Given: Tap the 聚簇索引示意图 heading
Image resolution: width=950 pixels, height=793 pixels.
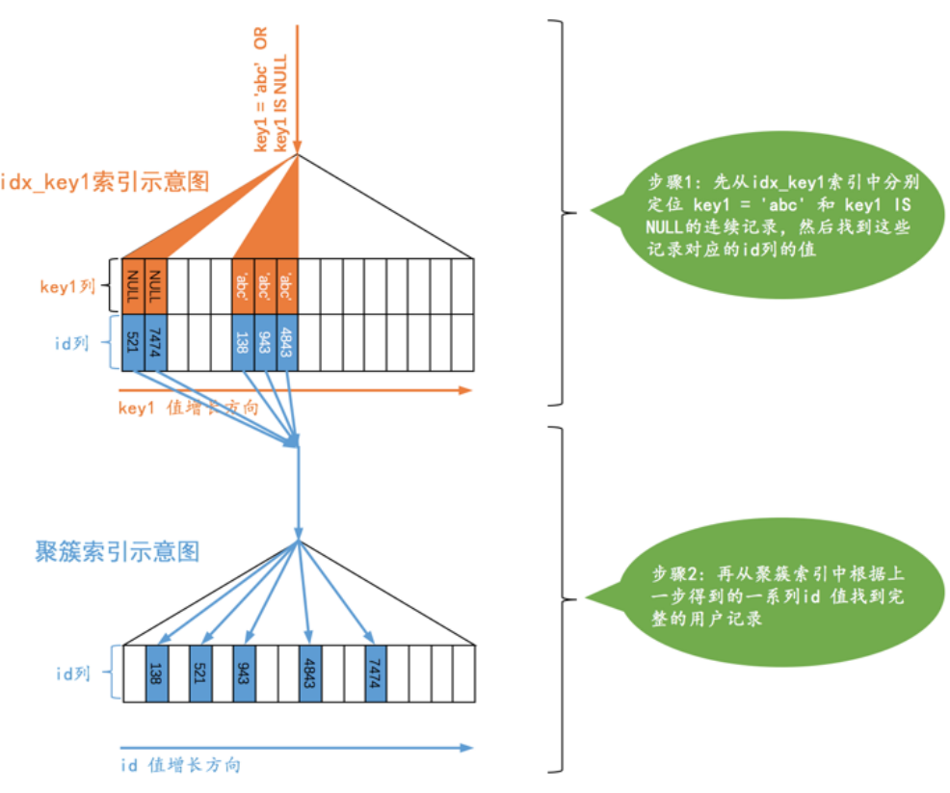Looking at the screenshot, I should (117, 551).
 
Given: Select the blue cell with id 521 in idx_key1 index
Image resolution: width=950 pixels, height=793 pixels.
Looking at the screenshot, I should (133, 341).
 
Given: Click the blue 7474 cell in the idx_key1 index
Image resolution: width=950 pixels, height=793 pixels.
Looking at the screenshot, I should (155, 341).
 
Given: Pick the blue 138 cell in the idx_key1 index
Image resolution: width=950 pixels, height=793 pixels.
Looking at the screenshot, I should (243, 341).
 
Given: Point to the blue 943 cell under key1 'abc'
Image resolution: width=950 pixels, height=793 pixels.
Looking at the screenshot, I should (265, 341).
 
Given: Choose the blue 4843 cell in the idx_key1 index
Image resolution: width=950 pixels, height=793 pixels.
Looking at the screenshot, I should (286, 341).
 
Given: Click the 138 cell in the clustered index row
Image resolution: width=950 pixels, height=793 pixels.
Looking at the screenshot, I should (156, 672).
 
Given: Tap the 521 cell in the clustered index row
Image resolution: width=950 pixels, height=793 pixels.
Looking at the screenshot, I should (200, 672).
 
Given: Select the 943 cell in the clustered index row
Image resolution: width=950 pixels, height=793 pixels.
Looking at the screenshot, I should (244, 672).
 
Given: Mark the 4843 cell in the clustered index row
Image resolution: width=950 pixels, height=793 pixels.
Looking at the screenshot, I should (310, 672).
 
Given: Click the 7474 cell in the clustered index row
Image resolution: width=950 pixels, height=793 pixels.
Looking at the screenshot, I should (376, 672).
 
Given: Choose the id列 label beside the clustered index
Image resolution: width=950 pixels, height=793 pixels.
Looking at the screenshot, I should (71, 673).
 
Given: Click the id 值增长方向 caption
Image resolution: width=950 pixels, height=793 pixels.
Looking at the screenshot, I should (180, 765).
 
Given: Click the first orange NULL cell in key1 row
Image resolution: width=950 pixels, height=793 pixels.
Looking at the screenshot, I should (133, 286).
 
